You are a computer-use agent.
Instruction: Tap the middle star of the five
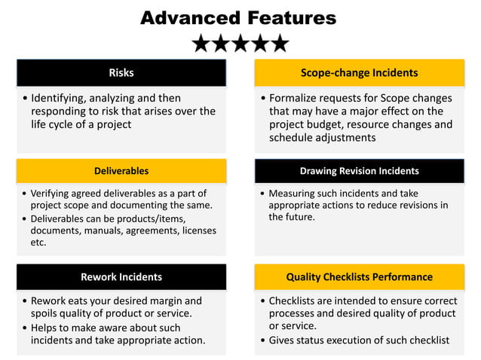click(x=240, y=43)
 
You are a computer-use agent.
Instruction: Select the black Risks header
click(x=121, y=73)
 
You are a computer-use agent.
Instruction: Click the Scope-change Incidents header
click(x=359, y=73)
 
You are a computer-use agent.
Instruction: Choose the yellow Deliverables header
click(x=121, y=171)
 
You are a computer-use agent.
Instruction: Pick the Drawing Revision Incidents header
click(x=359, y=171)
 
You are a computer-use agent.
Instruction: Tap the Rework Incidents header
click(x=121, y=276)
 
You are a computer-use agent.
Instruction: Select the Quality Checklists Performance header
click(x=359, y=276)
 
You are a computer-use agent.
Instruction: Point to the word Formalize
click(x=298, y=98)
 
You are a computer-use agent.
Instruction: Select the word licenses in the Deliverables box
click(x=196, y=230)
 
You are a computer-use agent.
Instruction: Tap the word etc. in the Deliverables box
click(x=38, y=243)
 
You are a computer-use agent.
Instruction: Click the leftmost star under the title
click(x=201, y=43)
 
